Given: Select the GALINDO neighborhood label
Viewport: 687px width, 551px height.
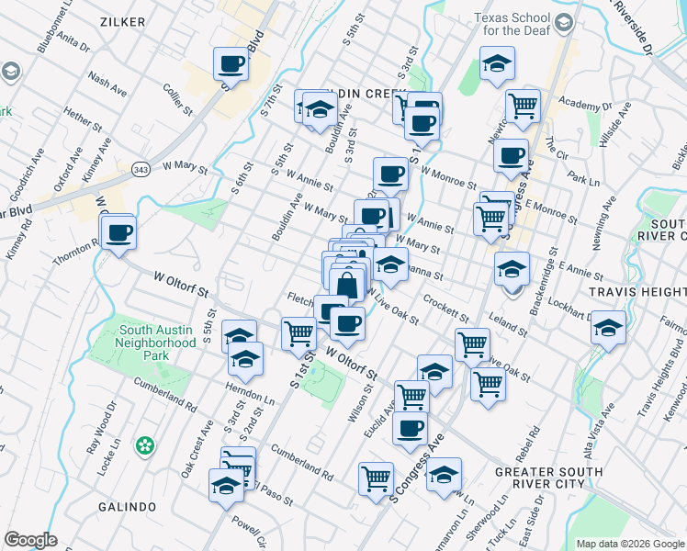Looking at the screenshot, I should [128, 506].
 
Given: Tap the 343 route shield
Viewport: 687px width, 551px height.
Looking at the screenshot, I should [141, 170].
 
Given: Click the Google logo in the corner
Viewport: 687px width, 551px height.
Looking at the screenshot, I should [30, 539].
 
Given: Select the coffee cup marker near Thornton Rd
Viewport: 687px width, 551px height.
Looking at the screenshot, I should [118, 232].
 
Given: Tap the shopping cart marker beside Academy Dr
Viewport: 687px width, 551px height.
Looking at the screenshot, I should [522, 106].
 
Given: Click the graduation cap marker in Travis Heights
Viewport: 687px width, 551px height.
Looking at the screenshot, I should [607, 328].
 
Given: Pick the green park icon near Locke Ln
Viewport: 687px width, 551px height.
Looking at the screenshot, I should [144, 446].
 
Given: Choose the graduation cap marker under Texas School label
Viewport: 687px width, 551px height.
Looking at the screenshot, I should [497, 63].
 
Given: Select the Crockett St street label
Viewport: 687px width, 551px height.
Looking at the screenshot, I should [445, 307].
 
